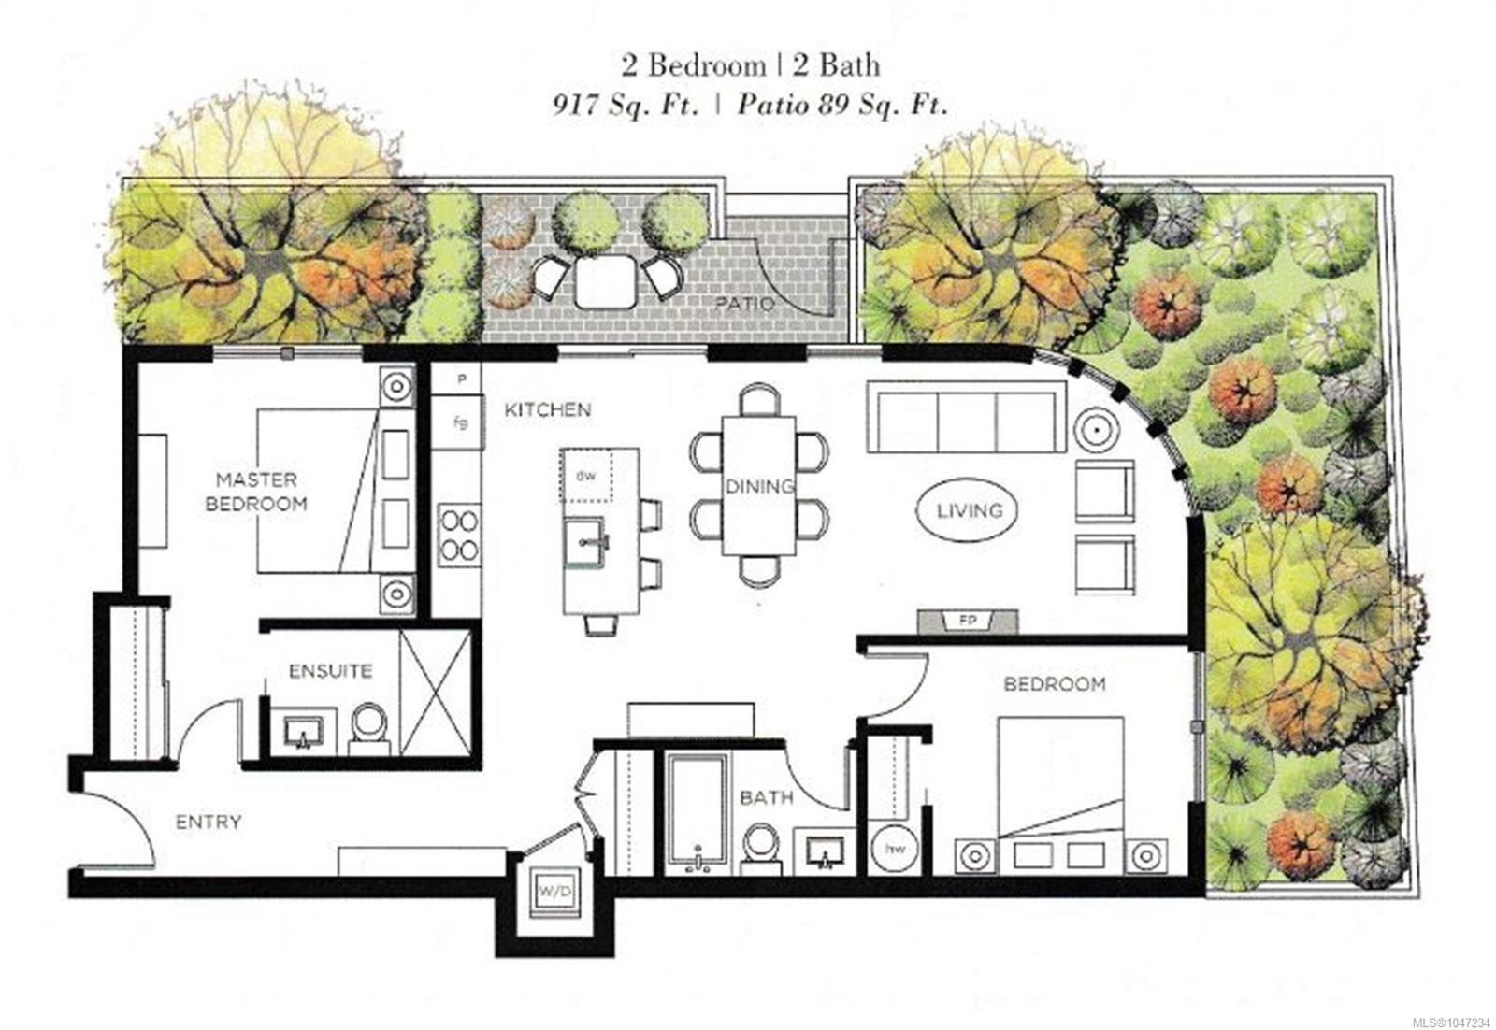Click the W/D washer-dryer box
coord(555,892)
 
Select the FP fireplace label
coord(968,621)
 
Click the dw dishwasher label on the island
coord(585,476)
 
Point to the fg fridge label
coord(460,422)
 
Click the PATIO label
coord(745,305)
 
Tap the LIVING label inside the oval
coord(970,511)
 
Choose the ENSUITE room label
coord(331,671)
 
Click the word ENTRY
coord(209,823)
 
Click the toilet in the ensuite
coord(369,729)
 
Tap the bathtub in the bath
coord(698,814)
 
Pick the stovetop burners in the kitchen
coord(459,535)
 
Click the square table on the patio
coord(605,281)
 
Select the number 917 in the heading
coord(574,106)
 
